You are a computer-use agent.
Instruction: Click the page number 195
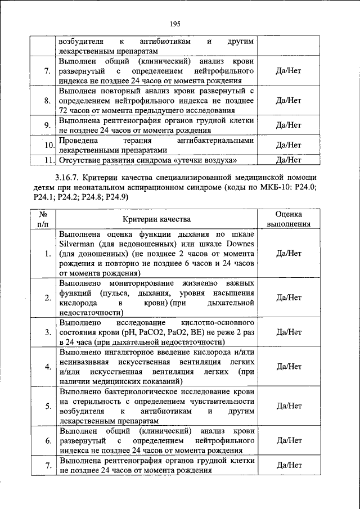pyautogui.click(x=174, y=23)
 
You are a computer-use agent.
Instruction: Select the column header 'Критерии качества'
pyautogui.click(x=157, y=219)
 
